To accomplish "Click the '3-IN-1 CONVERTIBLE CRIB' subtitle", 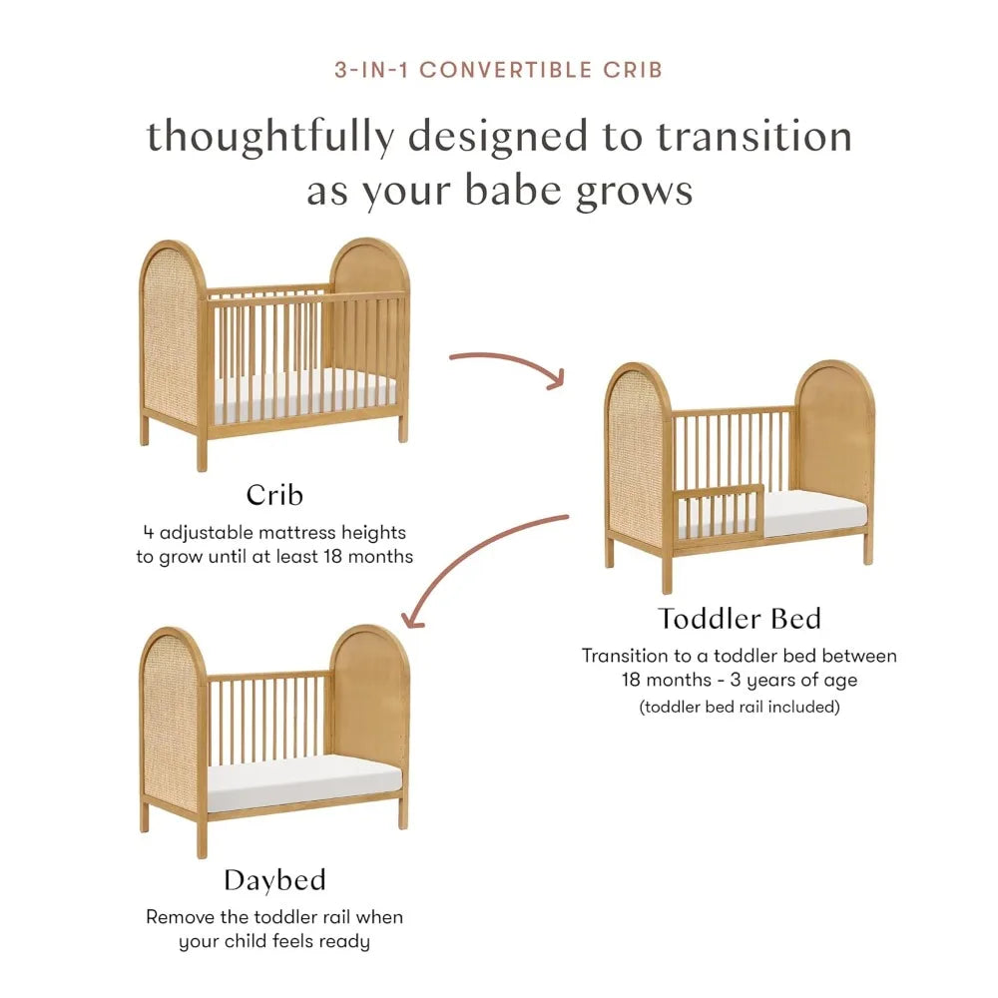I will point(499,71).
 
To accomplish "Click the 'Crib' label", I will point(274,495).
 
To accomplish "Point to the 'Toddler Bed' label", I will point(740,619).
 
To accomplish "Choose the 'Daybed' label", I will point(274,880).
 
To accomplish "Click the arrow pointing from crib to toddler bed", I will point(509,365).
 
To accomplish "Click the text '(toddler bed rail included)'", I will point(740,708).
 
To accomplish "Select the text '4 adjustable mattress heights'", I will point(274,533).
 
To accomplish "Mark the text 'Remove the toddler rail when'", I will point(274,916).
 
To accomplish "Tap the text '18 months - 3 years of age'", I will point(740,681).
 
